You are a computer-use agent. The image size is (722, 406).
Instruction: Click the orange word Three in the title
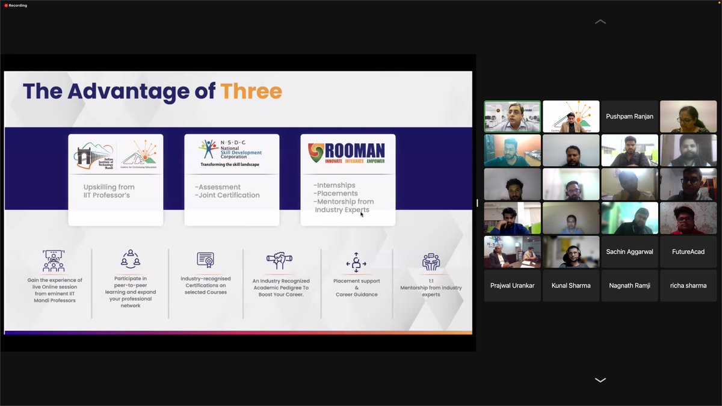click(251, 91)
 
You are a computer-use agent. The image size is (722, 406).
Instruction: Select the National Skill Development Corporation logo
click(232, 153)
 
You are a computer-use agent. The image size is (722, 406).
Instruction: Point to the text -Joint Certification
click(227, 195)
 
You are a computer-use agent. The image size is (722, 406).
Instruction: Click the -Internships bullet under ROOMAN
click(335, 185)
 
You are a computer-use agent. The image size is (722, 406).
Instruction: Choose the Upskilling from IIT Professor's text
click(109, 191)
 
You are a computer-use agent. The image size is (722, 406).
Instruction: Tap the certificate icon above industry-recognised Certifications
click(206, 260)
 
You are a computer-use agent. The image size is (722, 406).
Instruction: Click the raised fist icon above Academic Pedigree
click(279, 260)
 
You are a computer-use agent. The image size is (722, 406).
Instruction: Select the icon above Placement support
click(356, 262)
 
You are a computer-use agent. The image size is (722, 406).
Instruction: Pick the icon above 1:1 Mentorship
click(431, 262)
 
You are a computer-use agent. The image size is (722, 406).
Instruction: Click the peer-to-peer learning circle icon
click(131, 259)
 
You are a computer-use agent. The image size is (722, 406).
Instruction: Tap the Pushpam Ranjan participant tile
click(629, 117)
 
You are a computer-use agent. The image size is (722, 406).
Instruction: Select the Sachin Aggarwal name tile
click(629, 251)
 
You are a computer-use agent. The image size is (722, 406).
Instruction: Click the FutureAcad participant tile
click(688, 251)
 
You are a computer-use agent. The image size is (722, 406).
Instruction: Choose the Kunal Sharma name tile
click(571, 285)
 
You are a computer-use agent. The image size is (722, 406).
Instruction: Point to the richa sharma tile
click(688, 285)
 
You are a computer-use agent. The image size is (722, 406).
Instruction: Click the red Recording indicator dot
click(5, 5)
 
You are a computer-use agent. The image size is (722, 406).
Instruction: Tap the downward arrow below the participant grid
click(600, 380)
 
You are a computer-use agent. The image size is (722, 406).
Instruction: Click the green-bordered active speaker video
click(513, 117)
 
